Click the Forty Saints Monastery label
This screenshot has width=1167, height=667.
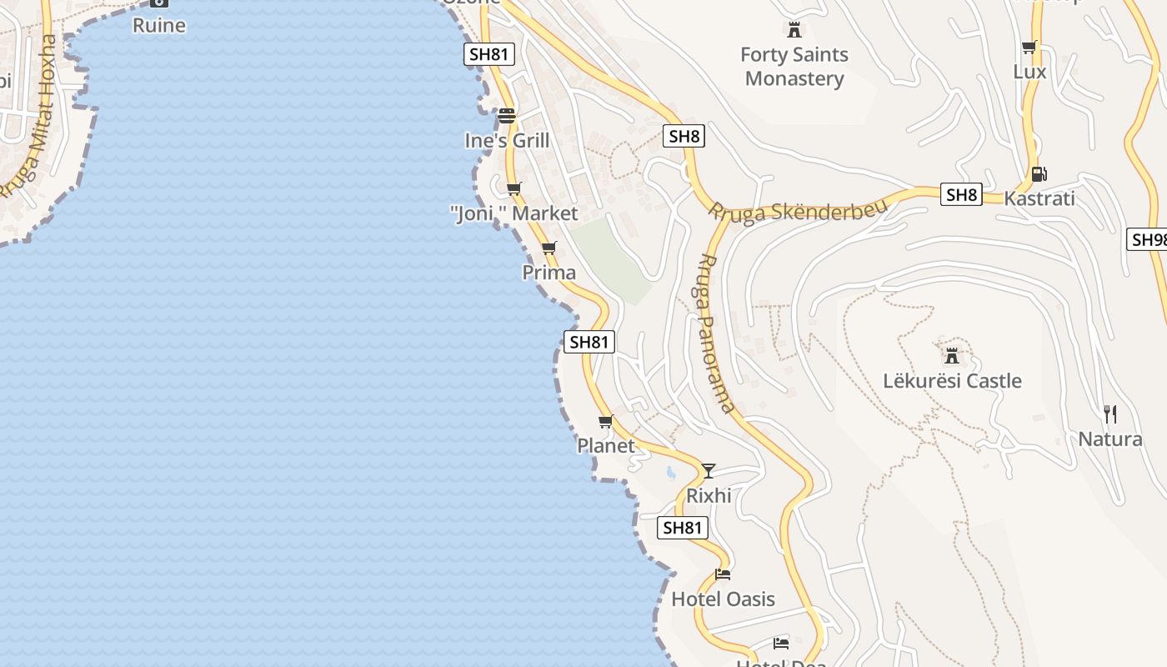tap(794, 67)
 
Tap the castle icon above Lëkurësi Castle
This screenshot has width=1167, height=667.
tap(951, 356)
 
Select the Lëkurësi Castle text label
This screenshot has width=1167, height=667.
tap(952, 381)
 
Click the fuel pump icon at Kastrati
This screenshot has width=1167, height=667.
tap(1039, 174)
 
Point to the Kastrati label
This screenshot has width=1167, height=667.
tap(1039, 198)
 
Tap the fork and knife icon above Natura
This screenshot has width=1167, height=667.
tap(1109, 414)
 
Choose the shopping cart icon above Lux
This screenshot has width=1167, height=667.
tap(1029, 48)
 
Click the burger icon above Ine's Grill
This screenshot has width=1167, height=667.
tap(507, 115)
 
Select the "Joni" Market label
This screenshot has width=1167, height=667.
tap(514, 213)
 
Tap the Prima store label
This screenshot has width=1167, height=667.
tap(548, 273)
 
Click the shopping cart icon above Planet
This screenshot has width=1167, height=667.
tap(606, 422)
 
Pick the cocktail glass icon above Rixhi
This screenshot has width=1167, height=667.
tap(708, 471)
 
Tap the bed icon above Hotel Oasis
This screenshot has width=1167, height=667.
tap(723, 574)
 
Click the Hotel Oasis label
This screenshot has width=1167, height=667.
tap(723, 599)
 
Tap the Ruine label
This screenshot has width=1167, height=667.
tap(159, 25)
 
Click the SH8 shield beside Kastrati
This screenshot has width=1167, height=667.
tap(961, 195)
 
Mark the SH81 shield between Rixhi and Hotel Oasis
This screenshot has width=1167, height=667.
tap(682, 527)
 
